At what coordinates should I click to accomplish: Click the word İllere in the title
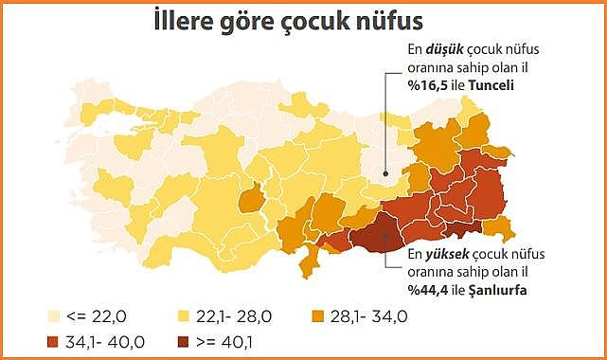click(x=190, y=22)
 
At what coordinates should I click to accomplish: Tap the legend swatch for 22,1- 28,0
click(x=187, y=315)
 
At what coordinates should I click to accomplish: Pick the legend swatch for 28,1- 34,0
click(x=322, y=315)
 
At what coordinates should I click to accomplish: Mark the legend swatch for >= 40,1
click(x=187, y=338)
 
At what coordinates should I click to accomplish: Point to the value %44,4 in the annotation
click(x=425, y=289)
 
